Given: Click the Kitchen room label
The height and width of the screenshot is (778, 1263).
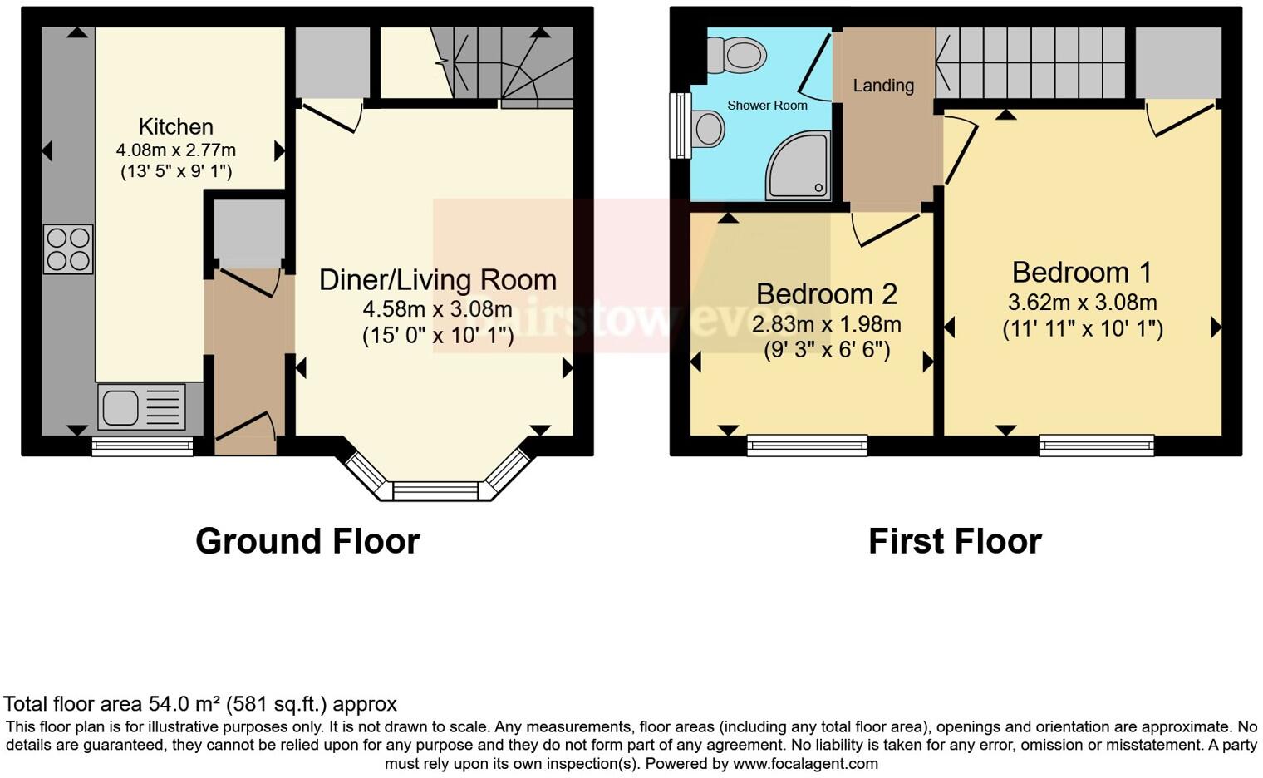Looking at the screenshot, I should pos(175,126).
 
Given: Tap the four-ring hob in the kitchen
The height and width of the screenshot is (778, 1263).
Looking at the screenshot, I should pos(68,249).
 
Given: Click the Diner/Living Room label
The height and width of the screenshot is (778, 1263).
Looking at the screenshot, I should pos(438,280).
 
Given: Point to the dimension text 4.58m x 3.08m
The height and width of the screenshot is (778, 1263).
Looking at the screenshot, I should pos(438,309).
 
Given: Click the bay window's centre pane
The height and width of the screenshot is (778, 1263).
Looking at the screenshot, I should pos(436,491).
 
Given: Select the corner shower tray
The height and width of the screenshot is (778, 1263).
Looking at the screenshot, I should pos(799,166).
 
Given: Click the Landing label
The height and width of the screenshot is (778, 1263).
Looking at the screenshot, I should pos(883,86).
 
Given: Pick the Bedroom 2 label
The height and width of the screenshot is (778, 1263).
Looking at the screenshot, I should pos(827,294).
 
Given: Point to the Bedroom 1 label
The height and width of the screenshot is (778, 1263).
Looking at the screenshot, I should pos(1082,273).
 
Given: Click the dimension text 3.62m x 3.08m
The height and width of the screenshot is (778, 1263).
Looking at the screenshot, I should pos(1082,303).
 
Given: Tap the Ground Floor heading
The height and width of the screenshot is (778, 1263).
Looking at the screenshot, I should pos(307,541).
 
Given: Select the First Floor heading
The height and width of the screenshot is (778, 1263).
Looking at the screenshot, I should pos(955,541).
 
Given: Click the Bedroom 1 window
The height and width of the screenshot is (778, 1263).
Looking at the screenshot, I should pos(1097,446).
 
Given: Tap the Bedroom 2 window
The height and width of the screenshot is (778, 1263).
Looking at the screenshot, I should pos(807,446).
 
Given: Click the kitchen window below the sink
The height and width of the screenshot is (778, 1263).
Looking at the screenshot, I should pos(142,447).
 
